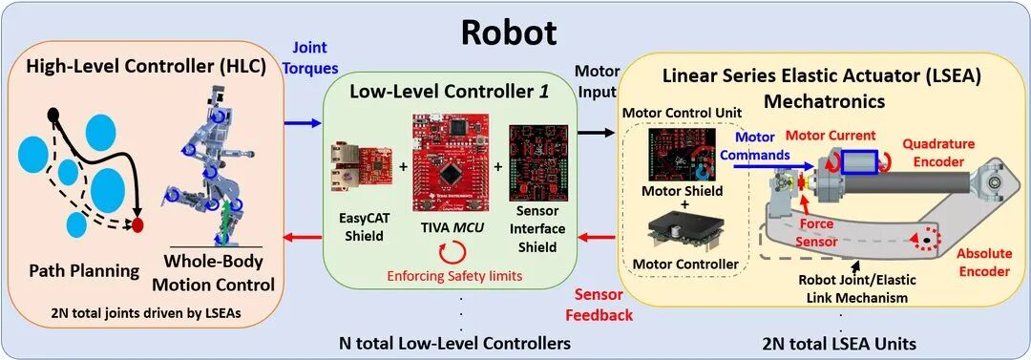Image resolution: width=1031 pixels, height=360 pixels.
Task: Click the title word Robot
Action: pos(508,30)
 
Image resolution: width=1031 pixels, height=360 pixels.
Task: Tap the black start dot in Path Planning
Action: pos(53,116)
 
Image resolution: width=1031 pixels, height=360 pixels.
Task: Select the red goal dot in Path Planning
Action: pos(137,225)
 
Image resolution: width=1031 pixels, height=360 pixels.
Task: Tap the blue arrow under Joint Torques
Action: pos(303,123)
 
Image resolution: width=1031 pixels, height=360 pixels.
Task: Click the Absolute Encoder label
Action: pos(982,262)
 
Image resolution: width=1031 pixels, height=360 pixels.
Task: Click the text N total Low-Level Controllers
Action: pos(454,343)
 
